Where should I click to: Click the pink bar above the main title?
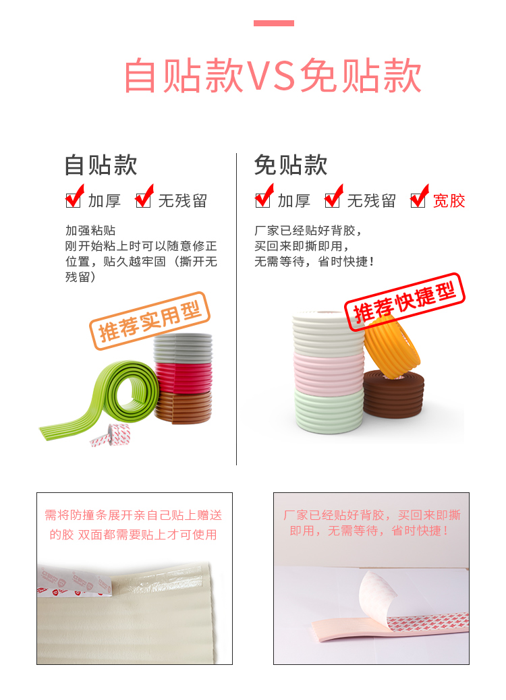pos(273,23)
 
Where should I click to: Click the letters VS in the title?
pos(271,76)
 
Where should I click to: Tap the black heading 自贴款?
pos(101,165)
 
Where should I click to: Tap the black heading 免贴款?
pos(291,165)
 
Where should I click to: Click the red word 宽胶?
pos(449,201)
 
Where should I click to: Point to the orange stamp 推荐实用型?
pos(150,320)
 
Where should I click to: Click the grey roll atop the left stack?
pos(183,349)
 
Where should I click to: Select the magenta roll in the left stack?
pos(184,378)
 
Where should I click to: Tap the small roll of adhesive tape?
pos(111,435)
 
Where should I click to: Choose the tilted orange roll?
pos(391,347)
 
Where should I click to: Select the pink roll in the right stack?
pos(329,375)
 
